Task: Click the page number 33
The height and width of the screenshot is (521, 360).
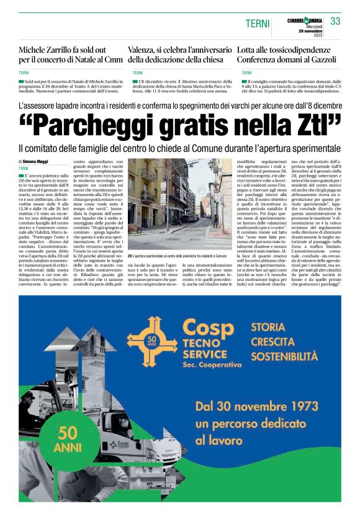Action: [x=335, y=22]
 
